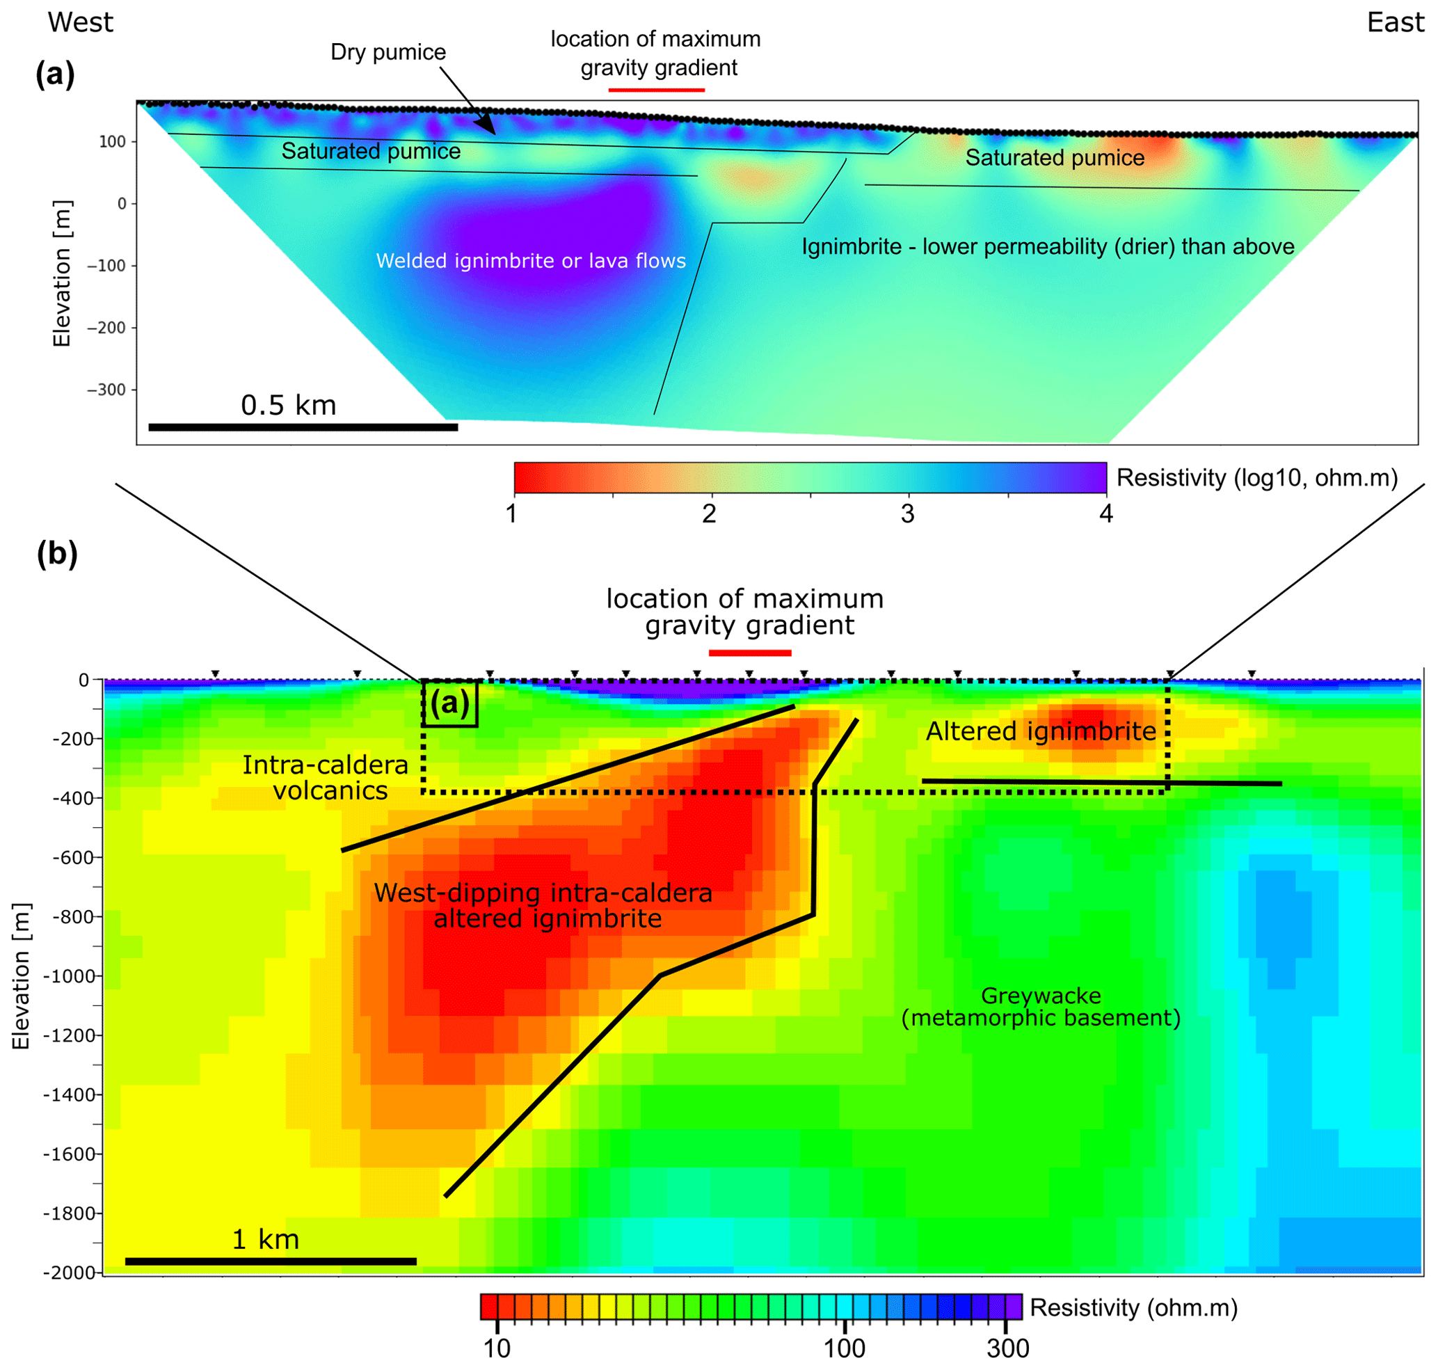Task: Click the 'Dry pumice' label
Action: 388,53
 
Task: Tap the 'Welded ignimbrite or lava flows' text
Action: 531,261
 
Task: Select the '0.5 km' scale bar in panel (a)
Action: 303,427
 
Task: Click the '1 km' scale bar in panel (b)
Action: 270,1261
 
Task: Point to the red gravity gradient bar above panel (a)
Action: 657,90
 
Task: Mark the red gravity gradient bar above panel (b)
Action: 750,653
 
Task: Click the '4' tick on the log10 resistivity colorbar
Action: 1105,514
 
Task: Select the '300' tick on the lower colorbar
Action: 1008,1349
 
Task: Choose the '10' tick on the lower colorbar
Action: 497,1349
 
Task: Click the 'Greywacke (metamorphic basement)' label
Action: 1041,1006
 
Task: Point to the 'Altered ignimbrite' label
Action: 1041,731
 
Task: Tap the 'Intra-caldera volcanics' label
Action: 326,778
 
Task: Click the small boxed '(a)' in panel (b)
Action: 450,703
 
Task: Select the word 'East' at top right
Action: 1395,23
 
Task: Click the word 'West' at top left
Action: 80,23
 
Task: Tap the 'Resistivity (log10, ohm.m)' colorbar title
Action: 1257,477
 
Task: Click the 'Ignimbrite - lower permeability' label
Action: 1048,247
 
